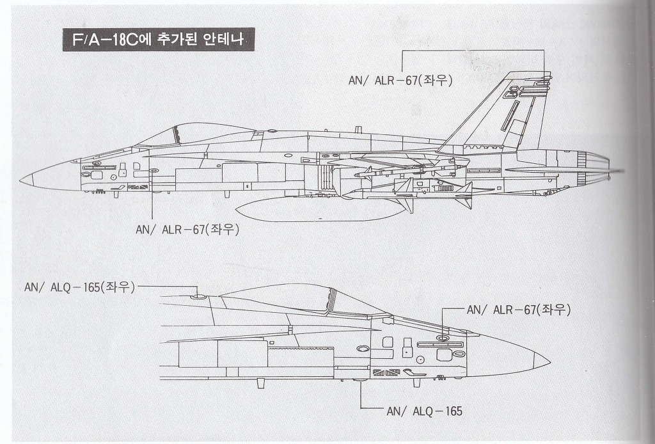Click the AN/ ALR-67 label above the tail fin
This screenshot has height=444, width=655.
[x=400, y=80]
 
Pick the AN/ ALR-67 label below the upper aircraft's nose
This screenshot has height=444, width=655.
[x=187, y=229]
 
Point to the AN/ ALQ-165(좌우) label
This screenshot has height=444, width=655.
[x=79, y=287]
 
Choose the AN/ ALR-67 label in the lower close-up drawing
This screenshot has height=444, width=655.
[x=518, y=310]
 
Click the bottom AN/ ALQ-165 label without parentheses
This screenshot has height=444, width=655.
[x=425, y=411]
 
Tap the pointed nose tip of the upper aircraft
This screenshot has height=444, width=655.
[x=21, y=180]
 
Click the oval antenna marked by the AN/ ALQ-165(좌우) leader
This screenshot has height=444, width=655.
[x=198, y=297]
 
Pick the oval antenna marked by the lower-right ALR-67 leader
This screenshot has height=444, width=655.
[x=443, y=337]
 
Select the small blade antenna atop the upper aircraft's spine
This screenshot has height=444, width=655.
[x=358, y=130]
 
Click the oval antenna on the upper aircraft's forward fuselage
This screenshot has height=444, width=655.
[x=154, y=170]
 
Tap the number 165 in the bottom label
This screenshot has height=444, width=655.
[x=454, y=411]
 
